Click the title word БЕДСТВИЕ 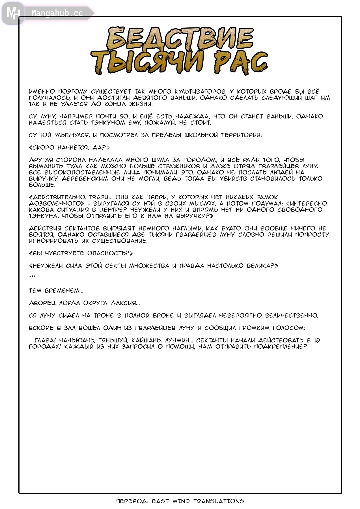pos(180,39)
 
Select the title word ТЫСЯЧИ pos(147,62)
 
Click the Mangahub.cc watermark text pos(57,13)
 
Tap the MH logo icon pos(13,13)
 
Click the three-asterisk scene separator pos(32,277)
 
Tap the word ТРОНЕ pos(104,316)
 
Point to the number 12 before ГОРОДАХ pos(316,340)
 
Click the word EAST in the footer pos(160,501)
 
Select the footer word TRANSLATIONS pos(219,501)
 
